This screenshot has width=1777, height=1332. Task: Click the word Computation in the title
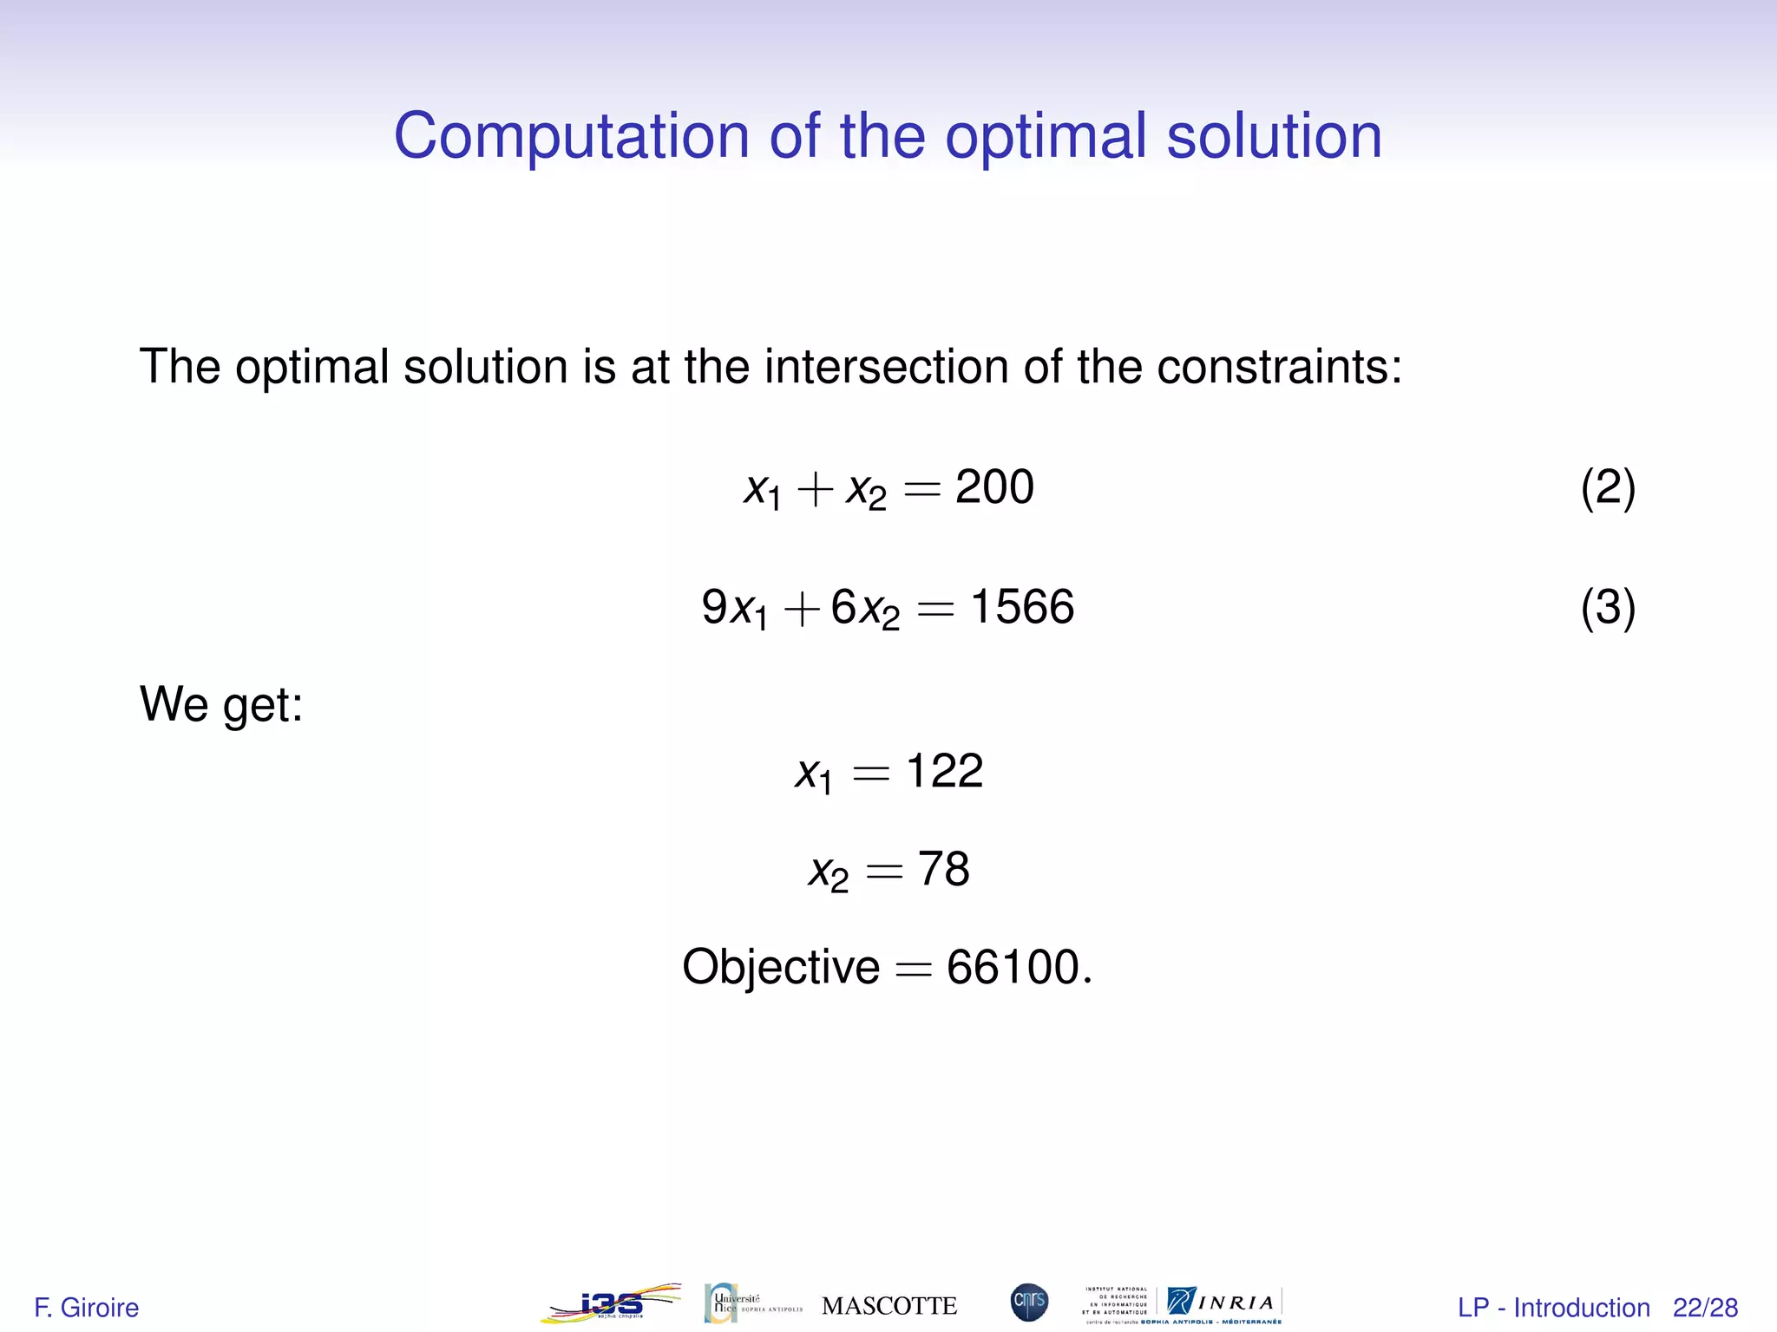pyautogui.click(x=571, y=137)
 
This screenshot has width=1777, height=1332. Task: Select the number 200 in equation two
pyautogui.click(x=994, y=486)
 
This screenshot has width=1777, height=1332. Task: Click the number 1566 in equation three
pyautogui.click(x=1022, y=606)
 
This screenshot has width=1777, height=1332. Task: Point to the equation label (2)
pyautogui.click(x=1608, y=487)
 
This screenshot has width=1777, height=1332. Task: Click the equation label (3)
pyautogui.click(x=1608, y=607)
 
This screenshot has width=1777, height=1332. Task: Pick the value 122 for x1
pyautogui.click(x=944, y=770)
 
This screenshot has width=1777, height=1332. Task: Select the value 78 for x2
pyautogui.click(x=944, y=869)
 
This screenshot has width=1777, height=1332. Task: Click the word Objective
pyautogui.click(x=781, y=967)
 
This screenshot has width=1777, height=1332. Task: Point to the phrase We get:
pyautogui.click(x=221, y=703)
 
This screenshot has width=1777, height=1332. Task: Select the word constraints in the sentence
pyautogui.click(x=1279, y=367)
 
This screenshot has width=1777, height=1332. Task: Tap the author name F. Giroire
pyautogui.click(x=87, y=1307)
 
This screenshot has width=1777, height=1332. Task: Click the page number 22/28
pyautogui.click(x=1705, y=1307)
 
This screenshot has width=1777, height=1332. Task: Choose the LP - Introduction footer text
pyautogui.click(x=1553, y=1307)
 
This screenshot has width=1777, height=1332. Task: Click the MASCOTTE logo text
pyautogui.click(x=889, y=1306)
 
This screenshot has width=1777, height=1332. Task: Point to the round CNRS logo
pyautogui.click(x=1029, y=1303)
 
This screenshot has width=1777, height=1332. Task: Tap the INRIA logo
pyautogui.click(x=1223, y=1303)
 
